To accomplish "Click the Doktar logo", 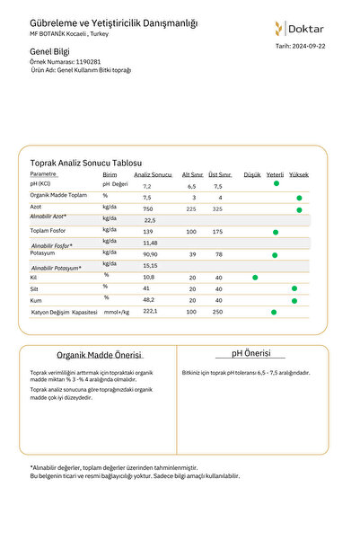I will (300, 28).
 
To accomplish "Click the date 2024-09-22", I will (306, 44).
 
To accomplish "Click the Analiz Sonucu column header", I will (153, 174).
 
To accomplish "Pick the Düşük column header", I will (252, 174).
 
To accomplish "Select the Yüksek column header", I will (299, 174).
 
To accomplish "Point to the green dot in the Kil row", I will (255, 277).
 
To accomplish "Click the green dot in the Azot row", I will (299, 208).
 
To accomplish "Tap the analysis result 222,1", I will (150, 311).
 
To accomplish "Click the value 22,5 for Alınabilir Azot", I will (149, 220).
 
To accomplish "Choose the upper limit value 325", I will (216, 208).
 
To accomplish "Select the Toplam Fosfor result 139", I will (148, 232).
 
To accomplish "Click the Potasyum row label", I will (43, 255).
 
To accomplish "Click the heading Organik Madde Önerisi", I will (99, 356).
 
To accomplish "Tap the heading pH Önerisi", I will (251, 354).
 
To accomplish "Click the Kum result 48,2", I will (149, 300).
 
